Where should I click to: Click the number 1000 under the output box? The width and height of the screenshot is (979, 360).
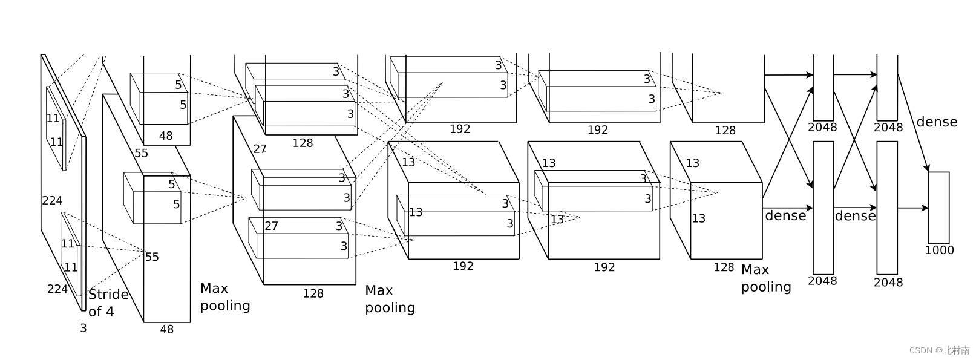939,250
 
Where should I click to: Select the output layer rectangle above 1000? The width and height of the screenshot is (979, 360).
938,208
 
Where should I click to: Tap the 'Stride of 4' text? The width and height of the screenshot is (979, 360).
108,303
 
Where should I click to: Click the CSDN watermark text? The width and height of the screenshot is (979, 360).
940,350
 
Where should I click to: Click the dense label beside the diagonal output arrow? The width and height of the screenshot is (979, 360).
937,122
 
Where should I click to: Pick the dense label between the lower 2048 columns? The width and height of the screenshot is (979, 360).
855,216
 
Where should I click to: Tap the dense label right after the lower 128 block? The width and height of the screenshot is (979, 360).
785,215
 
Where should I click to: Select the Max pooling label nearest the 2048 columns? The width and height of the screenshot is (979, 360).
766,278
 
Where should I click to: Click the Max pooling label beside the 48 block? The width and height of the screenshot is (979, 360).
225,297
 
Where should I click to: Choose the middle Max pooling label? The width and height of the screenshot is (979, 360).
390,299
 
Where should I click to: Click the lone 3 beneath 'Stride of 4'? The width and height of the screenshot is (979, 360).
83,329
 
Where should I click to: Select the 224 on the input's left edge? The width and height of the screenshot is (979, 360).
52,200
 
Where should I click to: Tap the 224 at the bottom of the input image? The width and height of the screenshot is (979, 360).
57,289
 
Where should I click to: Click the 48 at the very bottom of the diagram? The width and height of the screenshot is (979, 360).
167,329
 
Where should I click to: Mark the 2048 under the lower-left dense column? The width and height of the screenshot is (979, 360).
822,281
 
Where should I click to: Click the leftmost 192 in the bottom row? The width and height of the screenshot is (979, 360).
463,266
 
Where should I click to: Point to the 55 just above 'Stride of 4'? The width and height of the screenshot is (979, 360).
152,257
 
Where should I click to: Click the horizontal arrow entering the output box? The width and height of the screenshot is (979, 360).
912,208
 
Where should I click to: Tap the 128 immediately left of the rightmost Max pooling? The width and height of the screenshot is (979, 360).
724,267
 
